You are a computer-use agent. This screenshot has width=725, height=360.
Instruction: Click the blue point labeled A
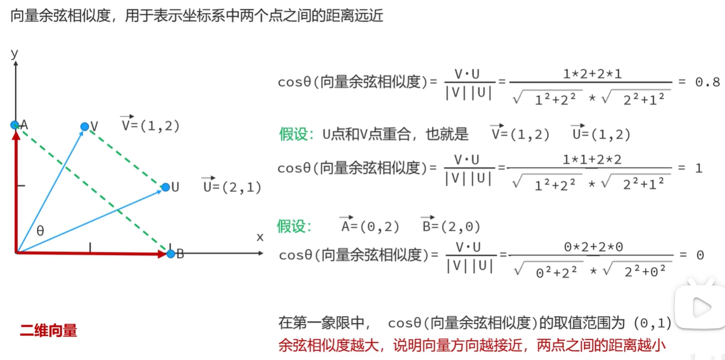coord(15,124)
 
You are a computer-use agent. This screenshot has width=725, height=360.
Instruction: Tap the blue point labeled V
coord(84,127)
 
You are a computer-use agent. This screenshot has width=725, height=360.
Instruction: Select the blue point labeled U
coord(165,187)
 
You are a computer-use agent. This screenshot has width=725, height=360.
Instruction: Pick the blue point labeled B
coord(171,254)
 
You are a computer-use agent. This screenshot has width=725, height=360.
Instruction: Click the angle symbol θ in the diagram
coord(40,231)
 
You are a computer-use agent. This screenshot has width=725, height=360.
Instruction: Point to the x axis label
coord(260,237)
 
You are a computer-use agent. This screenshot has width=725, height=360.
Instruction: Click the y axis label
coord(15,54)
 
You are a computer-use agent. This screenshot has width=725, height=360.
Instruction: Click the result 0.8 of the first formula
coord(707,82)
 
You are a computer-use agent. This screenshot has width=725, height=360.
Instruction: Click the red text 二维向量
coord(48,331)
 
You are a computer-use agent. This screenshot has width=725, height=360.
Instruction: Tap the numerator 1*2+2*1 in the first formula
coord(592,74)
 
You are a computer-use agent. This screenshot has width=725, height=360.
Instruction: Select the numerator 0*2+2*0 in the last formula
coord(593,246)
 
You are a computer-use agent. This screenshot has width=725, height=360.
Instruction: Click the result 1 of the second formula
coord(699,168)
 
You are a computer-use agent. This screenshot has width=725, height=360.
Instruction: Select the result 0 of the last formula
coord(700,255)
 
